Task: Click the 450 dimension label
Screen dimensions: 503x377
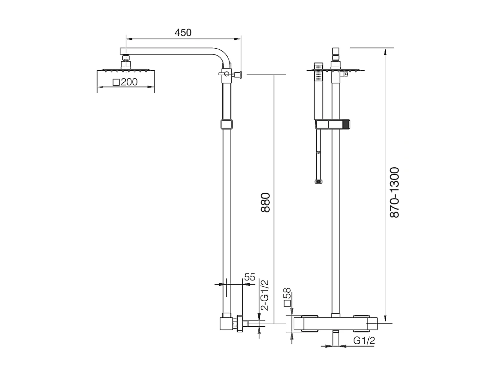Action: click(x=183, y=33)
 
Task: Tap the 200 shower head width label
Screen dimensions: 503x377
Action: click(x=126, y=82)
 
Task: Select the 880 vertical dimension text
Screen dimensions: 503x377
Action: click(x=266, y=202)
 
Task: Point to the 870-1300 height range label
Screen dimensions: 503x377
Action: click(x=394, y=192)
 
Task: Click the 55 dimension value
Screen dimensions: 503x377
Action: click(x=249, y=277)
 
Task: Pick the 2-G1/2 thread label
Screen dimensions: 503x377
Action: click(x=265, y=295)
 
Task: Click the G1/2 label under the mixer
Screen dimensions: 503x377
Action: click(x=364, y=340)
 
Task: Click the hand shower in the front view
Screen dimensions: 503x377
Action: click(x=318, y=93)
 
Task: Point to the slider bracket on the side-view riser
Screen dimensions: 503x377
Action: click(x=226, y=124)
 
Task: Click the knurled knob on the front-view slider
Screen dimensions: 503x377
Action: click(x=347, y=124)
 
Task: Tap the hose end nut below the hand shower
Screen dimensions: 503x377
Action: click(x=318, y=181)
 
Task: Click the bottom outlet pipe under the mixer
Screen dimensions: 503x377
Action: click(x=335, y=339)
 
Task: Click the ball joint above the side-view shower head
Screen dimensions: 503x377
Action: click(x=126, y=58)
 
